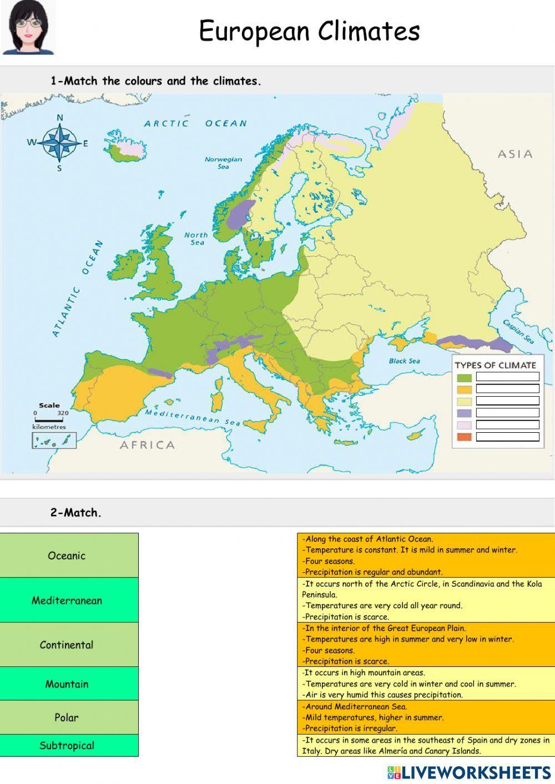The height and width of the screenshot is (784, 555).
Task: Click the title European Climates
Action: point(309,31)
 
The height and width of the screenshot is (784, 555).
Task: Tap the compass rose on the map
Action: point(60,142)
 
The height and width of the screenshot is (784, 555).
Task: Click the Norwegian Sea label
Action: point(223,162)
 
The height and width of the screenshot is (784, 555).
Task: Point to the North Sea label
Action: point(196,239)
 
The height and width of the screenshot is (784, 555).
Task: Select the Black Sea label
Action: point(404,361)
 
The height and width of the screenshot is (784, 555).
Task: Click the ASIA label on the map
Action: point(514,154)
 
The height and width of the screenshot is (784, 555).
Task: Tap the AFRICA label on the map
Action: point(147,444)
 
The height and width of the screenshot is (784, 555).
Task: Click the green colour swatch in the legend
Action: point(465,377)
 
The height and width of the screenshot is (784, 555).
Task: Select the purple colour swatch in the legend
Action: point(465,413)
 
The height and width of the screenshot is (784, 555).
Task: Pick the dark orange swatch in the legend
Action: point(465,437)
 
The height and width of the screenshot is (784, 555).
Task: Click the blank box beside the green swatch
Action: point(507,377)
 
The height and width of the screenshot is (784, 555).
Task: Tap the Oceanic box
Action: point(69,555)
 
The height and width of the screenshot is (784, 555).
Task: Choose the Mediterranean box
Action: point(69,600)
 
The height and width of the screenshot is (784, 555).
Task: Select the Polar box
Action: point(69,717)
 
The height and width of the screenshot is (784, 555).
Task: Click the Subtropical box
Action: point(69,745)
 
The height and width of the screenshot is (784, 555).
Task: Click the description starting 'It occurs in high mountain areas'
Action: point(426,684)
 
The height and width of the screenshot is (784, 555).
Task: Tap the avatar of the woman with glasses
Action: point(28,28)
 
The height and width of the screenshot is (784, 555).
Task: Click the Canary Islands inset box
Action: point(54,441)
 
